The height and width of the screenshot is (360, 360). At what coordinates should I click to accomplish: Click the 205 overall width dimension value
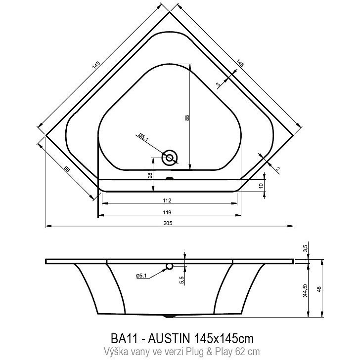[x=168, y=223]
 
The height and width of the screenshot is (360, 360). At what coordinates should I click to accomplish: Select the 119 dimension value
[x=167, y=212]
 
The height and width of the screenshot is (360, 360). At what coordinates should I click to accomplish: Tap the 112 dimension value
[x=167, y=200]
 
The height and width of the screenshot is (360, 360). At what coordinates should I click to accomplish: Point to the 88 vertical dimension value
[x=187, y=118]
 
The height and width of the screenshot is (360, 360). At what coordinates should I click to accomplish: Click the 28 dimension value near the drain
[x=150, y=176]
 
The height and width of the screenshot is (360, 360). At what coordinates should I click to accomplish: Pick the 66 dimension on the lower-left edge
[x=66, y=170]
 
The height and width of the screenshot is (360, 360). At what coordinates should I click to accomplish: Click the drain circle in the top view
[x=170, y=158]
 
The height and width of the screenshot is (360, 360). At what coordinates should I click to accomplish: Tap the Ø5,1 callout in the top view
[x=143, y=137]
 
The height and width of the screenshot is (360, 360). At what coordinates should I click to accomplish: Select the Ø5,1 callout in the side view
[x=141, y=276]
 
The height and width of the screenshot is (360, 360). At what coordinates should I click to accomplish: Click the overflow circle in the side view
[x=170, y=266]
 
